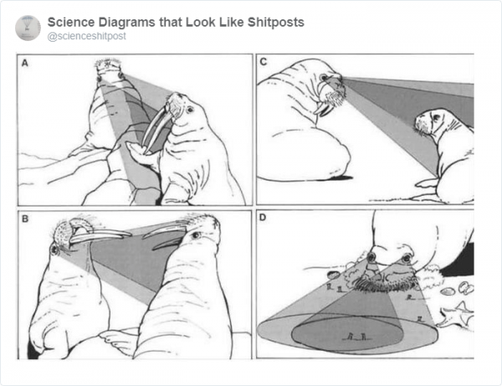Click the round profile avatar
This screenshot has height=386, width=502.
28,28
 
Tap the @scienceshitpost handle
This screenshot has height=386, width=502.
86,36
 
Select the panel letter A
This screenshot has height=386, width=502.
25,63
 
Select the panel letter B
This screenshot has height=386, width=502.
25,219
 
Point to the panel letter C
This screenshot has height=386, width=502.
264,62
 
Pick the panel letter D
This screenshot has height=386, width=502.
263,218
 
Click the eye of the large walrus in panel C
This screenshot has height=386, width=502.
324,78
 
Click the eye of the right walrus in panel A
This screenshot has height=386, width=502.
190,110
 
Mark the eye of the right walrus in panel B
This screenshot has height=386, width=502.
195,235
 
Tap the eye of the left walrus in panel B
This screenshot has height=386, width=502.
54,249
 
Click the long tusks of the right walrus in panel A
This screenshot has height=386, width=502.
154,129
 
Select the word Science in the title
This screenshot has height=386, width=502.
71,23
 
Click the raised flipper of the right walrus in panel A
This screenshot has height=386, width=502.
140,154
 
